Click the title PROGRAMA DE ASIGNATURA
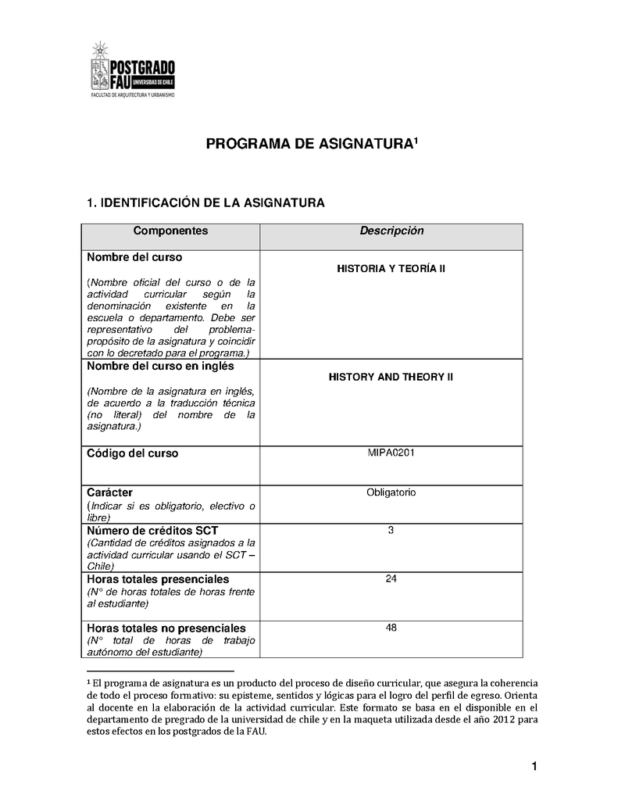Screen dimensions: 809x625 tap(311, 144)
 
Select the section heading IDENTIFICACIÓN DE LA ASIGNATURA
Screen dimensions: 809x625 tap(205, 203)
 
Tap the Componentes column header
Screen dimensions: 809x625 tap(170, 231)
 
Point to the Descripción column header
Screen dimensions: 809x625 tap(391, 231)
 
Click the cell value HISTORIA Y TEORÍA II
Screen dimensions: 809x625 tap(391, 269)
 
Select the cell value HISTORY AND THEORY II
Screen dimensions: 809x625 tap(391, 377)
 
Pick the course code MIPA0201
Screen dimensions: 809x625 tap(391, 453)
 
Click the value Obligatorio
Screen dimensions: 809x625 tap(391, 492)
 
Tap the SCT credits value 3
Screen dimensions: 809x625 tap(391, 531)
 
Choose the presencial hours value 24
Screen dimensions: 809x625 tap(391, 579)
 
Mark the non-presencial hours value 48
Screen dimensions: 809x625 tap(391, 628)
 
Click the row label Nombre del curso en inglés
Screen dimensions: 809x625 tap(160, 366)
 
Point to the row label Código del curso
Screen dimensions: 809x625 tap(132, 453)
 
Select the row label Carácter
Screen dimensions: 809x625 tap(109, 492)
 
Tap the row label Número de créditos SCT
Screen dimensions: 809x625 tap(152, 531)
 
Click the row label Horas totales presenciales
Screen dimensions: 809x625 tap(158, 579)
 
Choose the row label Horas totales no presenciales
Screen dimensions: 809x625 tap(166, 628)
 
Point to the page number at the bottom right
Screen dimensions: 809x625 tap(534, 767)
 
